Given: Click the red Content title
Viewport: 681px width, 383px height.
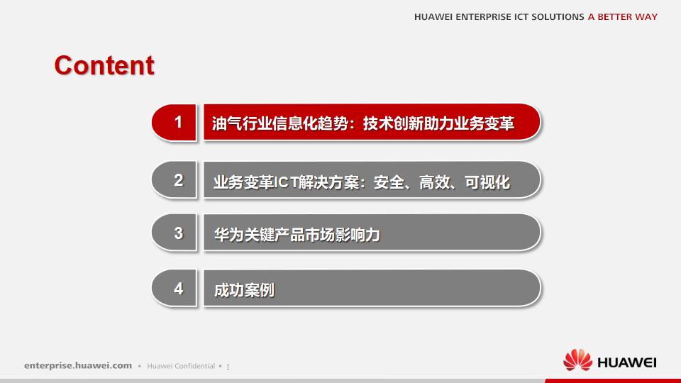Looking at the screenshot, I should coord(104,65).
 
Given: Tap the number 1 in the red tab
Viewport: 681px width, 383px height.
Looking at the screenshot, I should coord(178,122).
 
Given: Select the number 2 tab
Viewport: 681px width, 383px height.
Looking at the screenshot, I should coord(178,180).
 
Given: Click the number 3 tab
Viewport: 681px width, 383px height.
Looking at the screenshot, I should coord(178,233).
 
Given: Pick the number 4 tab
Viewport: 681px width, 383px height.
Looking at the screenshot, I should coord(178,289).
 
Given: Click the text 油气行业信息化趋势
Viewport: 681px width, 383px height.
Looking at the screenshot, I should coord(281,123).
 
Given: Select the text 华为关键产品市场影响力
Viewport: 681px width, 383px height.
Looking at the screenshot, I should coord(297,235).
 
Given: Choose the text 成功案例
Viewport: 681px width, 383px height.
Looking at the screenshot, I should coord(243,290).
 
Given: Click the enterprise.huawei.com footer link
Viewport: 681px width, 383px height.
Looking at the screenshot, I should coord(78,366).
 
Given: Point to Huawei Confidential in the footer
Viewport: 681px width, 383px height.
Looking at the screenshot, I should coord(181,366).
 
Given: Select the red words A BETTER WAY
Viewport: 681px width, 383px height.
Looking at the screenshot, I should coord(622,17).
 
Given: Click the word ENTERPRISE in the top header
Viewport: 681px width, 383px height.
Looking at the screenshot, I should coord(489,17).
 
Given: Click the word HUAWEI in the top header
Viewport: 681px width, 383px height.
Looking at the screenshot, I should coord(436,17).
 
